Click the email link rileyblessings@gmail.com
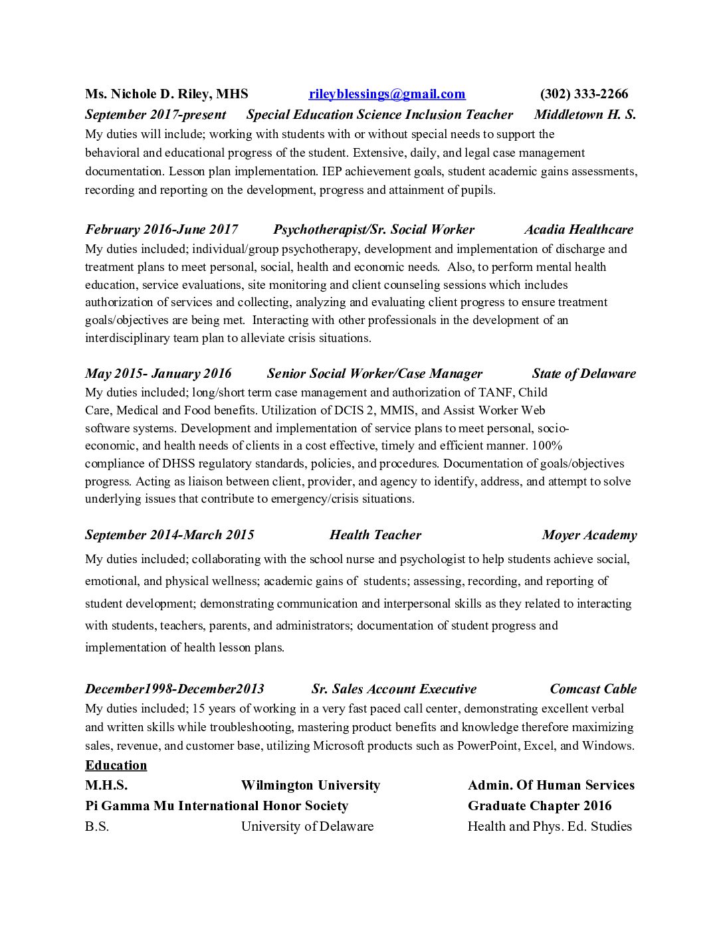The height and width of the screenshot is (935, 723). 387,94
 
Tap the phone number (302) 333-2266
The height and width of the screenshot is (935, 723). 583,94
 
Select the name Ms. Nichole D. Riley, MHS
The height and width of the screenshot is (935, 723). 166,94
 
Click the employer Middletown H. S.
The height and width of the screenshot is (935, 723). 585,115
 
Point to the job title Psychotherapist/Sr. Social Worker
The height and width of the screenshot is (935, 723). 373,230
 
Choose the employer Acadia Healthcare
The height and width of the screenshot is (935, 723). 578,230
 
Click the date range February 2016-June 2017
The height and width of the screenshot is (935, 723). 161,230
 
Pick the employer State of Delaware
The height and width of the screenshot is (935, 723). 583,374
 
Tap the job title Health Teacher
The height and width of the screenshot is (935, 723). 375,535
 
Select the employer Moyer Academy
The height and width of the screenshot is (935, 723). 589,535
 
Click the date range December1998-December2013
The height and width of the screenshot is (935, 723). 174,689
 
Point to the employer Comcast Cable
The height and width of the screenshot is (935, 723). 593,689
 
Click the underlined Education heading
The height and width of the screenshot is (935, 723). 116,766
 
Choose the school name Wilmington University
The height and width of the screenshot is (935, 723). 310,786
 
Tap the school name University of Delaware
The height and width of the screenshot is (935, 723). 307,827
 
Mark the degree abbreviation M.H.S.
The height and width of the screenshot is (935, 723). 106,786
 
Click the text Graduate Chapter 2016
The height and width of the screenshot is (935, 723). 540,806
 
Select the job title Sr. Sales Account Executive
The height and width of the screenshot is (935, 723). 393,689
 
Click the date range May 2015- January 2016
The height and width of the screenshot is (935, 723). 158,374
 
